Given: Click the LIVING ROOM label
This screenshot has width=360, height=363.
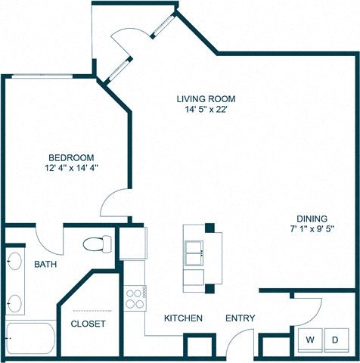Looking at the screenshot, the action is tap(206, 99).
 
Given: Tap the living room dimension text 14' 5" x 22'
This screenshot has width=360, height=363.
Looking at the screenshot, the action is tap(206, 110).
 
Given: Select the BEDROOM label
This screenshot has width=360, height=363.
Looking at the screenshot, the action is tap(71, 158).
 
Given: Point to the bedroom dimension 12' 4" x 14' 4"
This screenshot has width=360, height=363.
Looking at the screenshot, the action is tap(71, 168).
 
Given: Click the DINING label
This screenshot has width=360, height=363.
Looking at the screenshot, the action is tap(312, 219).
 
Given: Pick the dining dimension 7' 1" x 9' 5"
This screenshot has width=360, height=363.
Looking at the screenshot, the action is tap(312, 229).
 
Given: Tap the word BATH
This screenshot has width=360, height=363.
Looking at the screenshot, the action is tap(45, 265).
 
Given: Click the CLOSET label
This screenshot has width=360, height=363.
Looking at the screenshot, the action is tap(88, 324).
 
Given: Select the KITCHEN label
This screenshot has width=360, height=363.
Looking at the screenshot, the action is tap(183, 318).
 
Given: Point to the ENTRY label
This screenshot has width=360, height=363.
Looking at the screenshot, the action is tap(240, 318).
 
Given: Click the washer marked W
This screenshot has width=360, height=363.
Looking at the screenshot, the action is tap(310, 340).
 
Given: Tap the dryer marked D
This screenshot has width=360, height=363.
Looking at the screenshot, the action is tap(337, 340).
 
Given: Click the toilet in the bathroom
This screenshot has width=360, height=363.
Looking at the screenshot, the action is tap(98, 244).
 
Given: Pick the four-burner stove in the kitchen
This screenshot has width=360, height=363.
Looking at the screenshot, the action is tap(135, 298).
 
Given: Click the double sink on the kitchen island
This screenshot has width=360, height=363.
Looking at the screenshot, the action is tap(194, 253).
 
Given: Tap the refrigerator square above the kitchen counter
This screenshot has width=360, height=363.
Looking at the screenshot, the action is tap(133, 244).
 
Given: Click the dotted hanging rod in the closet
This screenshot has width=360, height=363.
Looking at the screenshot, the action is tap(92, 311).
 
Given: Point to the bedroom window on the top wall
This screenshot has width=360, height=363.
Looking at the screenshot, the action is tap(42, 76).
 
